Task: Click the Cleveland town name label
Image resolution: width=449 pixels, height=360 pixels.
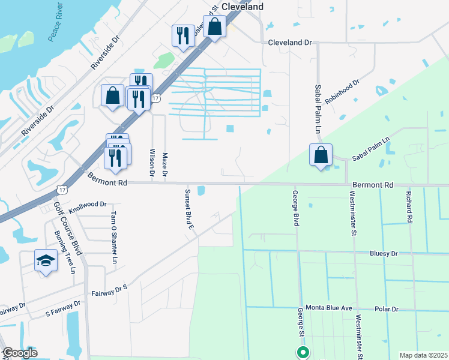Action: (243, 6)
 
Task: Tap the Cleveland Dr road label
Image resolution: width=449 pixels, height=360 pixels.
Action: (291, 43)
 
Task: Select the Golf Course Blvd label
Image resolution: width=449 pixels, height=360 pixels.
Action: (67, 227)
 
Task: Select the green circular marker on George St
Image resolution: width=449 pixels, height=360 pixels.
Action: (303, 353)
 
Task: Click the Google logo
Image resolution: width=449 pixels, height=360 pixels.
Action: (20, 353)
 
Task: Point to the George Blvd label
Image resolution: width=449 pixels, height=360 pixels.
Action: (295, 208)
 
